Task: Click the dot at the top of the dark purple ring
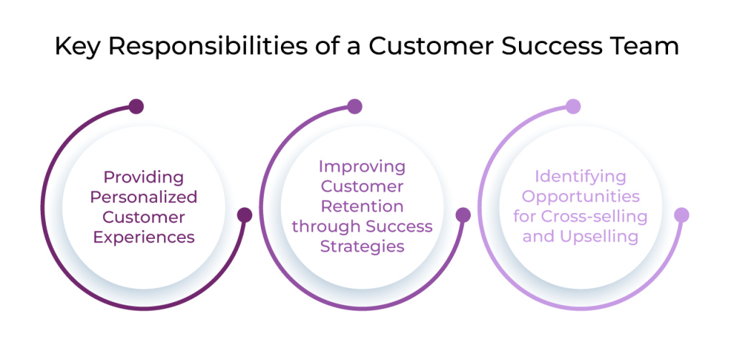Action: coord(136,107)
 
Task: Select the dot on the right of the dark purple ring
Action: coord(244,214)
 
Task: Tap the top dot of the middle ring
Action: coord(355,107)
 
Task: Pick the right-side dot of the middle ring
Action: coord(463,214)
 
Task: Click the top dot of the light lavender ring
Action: coord(573,107)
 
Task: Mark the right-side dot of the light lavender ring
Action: coord(681,214)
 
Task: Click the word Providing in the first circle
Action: coord(143,176)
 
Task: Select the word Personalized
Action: coord(150,196)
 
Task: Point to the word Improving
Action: coord(362,166)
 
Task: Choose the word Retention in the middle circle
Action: coord(362,207)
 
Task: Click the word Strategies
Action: coord(362,247)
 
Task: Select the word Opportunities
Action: coord(581,196)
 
